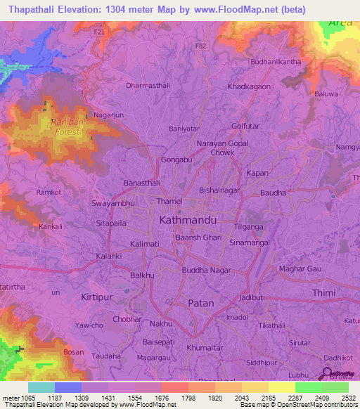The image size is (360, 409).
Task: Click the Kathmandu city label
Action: click(187, 220)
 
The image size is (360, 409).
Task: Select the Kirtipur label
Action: click(97, 297)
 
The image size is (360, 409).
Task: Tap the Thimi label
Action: click(323, 293)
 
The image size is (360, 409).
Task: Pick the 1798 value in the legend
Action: click(189, 398)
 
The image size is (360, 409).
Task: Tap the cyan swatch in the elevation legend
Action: click(41, 387)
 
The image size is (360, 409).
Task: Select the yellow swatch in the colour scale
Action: click(281, 387)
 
